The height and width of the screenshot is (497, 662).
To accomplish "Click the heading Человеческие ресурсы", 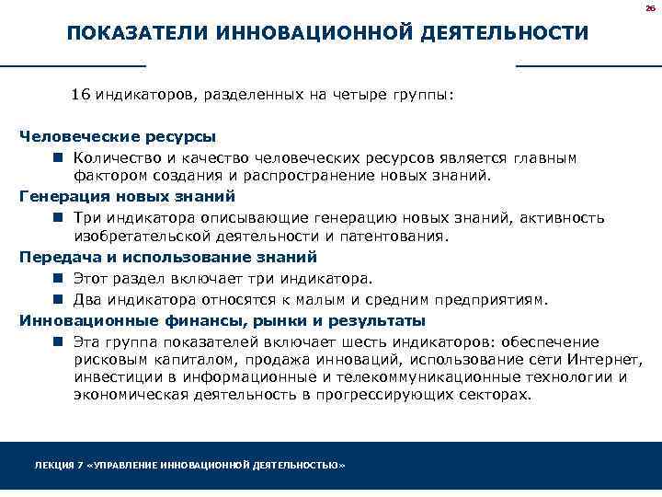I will pos(119,136).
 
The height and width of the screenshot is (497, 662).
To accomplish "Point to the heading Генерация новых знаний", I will pos(128,196).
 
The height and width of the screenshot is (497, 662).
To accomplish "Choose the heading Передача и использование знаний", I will pos(168,257).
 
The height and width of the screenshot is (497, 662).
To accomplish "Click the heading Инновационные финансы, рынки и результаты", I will pos(223,320).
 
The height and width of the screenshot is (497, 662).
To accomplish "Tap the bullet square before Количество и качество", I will pos(57,157).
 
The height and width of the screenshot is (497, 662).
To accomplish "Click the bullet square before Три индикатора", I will pos(57,218).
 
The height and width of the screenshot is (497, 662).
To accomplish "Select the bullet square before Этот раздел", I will pos(57,278).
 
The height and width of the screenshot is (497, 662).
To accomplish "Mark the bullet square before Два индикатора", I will pos(57,299).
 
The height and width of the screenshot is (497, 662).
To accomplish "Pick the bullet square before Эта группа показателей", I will pos(57,341).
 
